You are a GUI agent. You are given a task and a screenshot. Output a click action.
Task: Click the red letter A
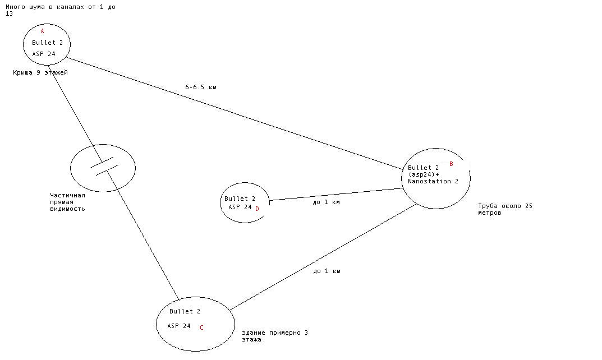tap(42, 31)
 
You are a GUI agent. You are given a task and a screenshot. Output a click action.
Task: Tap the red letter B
tap(451, 164)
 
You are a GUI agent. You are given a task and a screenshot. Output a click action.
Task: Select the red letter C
tap(201, 328)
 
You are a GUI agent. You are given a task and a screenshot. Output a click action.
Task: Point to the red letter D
tap(257, 209)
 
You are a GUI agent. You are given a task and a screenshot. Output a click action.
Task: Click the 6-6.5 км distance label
tap(201, 87)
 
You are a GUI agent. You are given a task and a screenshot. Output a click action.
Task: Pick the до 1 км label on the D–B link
tap(326, 202)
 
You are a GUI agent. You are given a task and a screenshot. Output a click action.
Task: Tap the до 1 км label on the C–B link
tap(327, 271)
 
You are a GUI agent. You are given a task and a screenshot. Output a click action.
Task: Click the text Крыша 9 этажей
tap(40, 72)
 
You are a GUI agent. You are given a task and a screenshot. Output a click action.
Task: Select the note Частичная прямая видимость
tap(67, 202)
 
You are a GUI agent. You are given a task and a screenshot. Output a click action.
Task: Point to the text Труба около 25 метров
tap(505, 209)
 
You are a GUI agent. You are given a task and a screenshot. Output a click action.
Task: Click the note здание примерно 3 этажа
tap(275, 336)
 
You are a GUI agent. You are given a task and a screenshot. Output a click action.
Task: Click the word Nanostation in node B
tap(429, 181)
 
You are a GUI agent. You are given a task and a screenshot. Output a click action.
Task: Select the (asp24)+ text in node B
tap(424, 174)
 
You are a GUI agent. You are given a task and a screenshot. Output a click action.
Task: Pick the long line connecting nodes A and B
tap(236, 112)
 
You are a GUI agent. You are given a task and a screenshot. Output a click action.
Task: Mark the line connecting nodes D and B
tap(337, 194)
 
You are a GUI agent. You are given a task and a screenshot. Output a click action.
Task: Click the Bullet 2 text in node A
tap(47, 43)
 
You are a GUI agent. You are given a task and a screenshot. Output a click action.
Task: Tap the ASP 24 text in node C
tap(178, 326)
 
